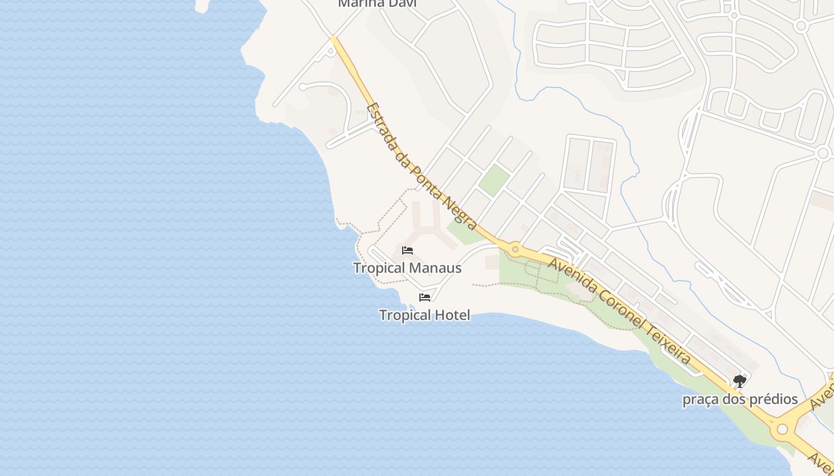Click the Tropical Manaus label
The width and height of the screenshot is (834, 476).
click(x=407, y=268)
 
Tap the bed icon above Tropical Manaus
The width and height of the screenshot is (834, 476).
click(x=407, y=250)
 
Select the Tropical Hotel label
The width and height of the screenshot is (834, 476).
click(x=424, y=315)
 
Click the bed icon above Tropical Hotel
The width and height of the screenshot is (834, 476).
click(x=425, y=297)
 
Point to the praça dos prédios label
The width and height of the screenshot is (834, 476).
click(x=740, y=399)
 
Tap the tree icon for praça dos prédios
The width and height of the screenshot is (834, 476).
click(x=739, y=381)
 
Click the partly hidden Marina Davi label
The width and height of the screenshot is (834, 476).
click(x=377, y=4)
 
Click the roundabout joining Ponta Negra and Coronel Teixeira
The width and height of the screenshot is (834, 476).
click(x=515, y=248)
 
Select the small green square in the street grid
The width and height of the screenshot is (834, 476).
click(x=494, y=180)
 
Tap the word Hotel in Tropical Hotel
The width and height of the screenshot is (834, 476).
click(x=453, y=315)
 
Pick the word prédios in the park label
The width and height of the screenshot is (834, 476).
click(x=769, y=399)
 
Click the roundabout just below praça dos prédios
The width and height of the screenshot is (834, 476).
click(x=782, y=428)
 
